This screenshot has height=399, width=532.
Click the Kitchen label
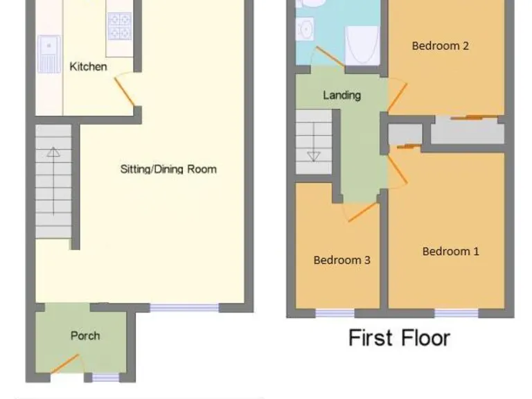tap(89, 66)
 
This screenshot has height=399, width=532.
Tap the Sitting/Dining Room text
tap(168, 169)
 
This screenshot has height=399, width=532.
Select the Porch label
tap(85, 336)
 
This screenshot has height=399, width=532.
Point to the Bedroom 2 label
tap(441, 46)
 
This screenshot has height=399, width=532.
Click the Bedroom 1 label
tap(450, 251)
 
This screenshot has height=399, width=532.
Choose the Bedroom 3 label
tap(342, 260)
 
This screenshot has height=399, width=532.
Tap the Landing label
tap(342, 95)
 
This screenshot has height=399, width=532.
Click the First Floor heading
tap(399, 338)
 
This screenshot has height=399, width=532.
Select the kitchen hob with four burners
tap(119, 28)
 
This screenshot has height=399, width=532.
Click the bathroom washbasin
tap(305, 29)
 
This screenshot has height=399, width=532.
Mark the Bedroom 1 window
tap(456, 313)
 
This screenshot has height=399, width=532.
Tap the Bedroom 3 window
tap(335, 313)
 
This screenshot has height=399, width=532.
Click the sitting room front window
tap(184, 308)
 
